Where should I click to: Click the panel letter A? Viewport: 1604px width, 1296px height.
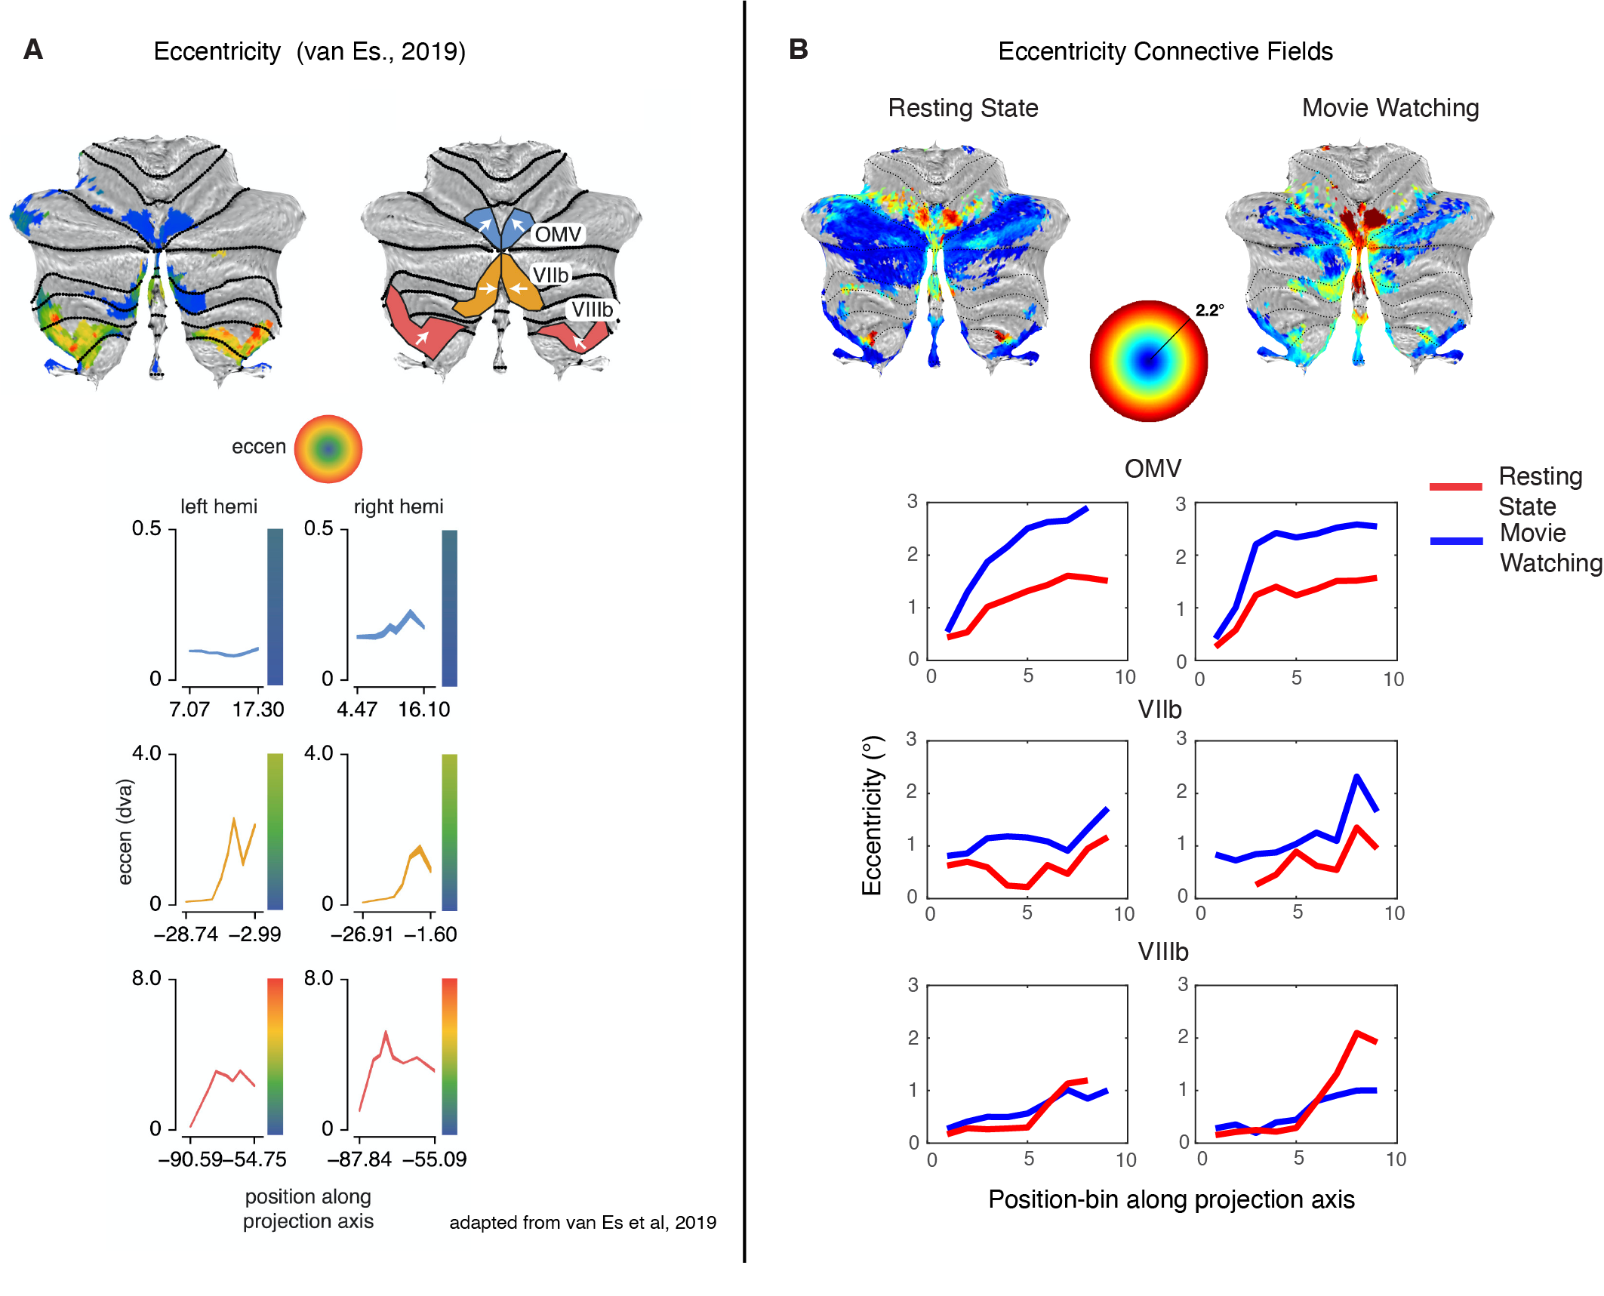click(33, 50)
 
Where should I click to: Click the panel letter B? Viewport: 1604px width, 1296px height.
click(798, 50)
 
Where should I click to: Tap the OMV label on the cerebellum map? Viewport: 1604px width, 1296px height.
click(558, 235)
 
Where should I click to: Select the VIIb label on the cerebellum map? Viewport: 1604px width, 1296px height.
click(550, 276)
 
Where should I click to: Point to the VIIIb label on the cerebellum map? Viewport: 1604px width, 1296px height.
click(592, 309)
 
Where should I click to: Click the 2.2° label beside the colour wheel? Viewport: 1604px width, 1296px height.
click(1209, 310)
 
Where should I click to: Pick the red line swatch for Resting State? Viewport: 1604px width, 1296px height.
click(1455, 487)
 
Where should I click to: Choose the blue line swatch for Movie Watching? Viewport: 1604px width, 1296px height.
click(1456, 541)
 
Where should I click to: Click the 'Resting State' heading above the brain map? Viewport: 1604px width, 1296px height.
click(962, 108)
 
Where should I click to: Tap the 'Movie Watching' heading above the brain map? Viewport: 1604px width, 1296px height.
click(1390, 108)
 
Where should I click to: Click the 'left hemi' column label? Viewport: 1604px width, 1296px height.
click(218, 506)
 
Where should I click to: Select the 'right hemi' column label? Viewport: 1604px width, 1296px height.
click(399, 506)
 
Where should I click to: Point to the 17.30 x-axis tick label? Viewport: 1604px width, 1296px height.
click(258, 710)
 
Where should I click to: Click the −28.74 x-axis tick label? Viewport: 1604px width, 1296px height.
click(186, 934)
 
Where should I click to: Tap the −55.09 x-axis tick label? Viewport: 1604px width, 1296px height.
click(435, 1159)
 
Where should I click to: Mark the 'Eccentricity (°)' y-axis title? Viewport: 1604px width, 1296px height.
click(873, 815)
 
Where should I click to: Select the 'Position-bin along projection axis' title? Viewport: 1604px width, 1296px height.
click(1171, 1199)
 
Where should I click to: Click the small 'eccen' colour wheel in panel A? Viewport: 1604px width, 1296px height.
click(328, 449)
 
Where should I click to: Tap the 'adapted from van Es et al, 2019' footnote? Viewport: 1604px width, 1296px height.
click(583, 1223)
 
